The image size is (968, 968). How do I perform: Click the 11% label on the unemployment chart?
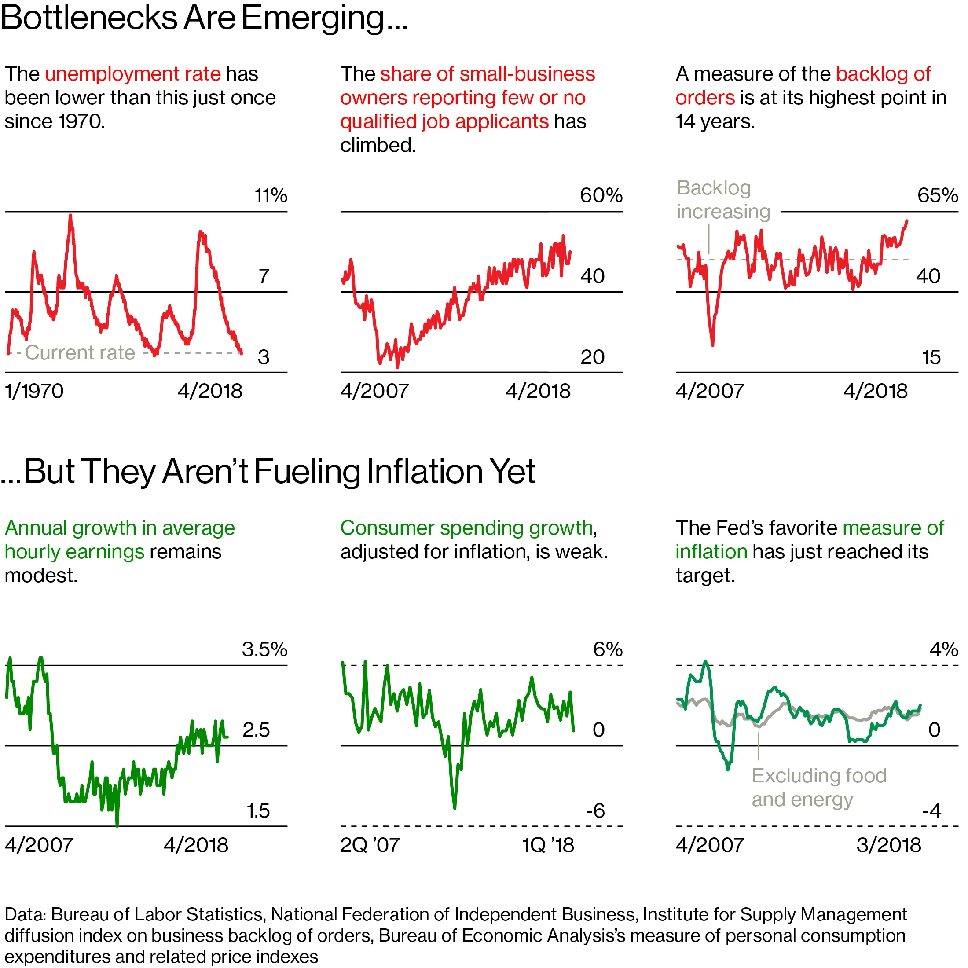271,195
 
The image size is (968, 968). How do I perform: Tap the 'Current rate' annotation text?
80,353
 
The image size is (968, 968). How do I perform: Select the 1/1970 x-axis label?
34,391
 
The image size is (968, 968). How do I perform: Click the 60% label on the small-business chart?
601,195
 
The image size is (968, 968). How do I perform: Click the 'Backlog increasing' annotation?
722,199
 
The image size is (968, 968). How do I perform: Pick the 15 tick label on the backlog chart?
931,357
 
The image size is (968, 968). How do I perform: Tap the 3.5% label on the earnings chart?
264,649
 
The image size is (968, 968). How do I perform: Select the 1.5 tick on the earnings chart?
258,810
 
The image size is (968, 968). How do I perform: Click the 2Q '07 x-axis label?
370,845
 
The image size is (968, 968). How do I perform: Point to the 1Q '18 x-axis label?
548,845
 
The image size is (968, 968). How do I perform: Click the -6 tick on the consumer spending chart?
595,810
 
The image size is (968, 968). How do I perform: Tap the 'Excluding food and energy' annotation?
818,787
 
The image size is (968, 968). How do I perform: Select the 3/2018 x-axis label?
888,845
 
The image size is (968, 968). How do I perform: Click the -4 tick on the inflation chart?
931,810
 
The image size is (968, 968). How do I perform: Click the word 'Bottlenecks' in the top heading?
89,18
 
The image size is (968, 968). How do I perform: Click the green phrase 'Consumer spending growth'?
466,528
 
